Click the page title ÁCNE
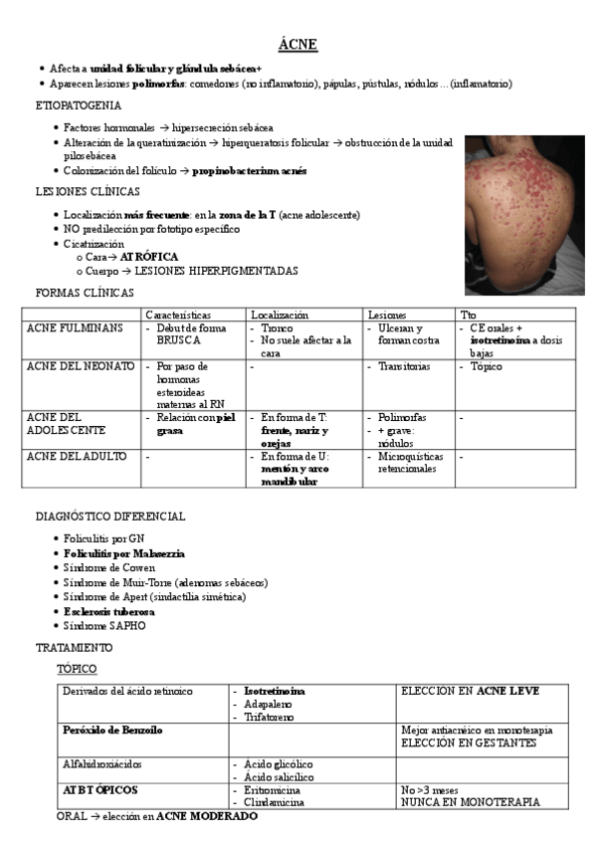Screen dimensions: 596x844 pyautogui.click(x=298, y=46)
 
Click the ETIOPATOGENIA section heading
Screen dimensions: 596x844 pyautogui.click(x=79, y=105)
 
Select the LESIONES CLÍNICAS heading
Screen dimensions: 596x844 pyautogui.click(x=88, y=191)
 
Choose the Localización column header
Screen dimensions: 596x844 pyautogui.click(x=280, y=315)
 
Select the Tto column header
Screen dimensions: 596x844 pyautogui.click(x=469, y=315)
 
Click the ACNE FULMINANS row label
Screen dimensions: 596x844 pyautogui.click(x=76, y=327)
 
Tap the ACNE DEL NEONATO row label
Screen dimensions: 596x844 pyautogui.click(x=80, y=366)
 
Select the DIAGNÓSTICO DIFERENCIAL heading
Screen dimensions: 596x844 pyautogui.click(x=109, y=517)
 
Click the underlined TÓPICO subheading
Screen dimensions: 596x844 pyautogui.click(x=77, y=669)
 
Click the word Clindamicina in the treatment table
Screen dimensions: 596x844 pyautogui.click(x=275, y=801)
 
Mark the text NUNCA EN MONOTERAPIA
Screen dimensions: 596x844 pyautogui.click(x=470, y=801)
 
